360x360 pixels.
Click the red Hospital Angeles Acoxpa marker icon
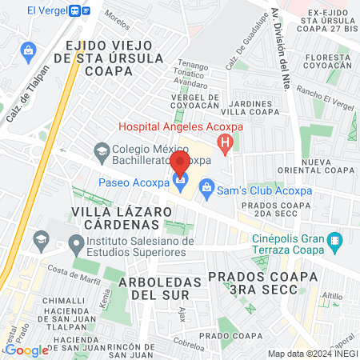(x=226, y=145)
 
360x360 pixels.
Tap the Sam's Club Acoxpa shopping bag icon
(x=206, y=190)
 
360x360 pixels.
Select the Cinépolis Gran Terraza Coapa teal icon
(x=335, y=239)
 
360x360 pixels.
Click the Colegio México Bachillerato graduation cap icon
(x=102, y=150)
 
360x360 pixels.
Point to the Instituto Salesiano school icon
(x=77, y=242)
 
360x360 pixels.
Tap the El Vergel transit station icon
(x=75, y=10)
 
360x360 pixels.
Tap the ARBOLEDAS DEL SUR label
(x=157, y=289)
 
